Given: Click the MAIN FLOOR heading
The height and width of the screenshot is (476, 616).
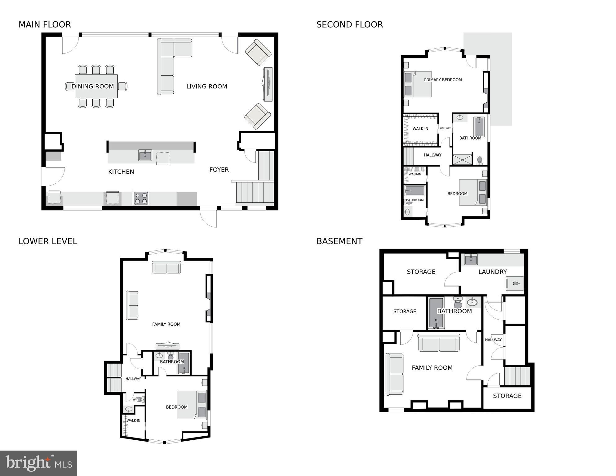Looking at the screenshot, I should [x=45, y=24].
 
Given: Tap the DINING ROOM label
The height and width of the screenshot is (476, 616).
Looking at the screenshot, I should [x=93, y=87].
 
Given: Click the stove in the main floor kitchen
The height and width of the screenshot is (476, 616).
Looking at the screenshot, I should [x=141, y=198].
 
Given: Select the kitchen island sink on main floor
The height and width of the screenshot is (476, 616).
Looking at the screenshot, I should [x=145, y=155].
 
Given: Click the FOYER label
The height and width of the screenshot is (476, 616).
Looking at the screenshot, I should [x=219, y=170].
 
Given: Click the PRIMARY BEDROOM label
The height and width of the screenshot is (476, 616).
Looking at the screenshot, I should [x=443, y=80].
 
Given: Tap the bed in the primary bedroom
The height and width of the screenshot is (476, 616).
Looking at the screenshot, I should [x=417, y=84].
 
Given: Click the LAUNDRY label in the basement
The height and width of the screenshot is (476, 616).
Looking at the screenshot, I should [x=492, y=272].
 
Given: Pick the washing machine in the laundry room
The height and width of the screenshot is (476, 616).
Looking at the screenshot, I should [x=515, y=283].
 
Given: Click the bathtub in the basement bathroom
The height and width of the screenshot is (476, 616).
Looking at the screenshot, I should [x=436, y=313].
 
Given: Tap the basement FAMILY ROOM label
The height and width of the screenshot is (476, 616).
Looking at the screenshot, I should [x=432, y=368].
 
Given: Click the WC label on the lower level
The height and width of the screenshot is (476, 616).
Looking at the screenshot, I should [x=135, y=400].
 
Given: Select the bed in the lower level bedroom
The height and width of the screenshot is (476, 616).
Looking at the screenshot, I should [x=191, y=405].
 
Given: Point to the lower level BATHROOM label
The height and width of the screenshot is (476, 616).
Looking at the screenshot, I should [x=172, y=362].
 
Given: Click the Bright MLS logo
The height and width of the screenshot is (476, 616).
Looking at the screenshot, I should [x=38, y=463].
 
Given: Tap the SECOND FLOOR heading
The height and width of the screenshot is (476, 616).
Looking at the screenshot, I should [x=349, y=24].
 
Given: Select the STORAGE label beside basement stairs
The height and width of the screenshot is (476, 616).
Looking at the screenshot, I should [x=507, y=396].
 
